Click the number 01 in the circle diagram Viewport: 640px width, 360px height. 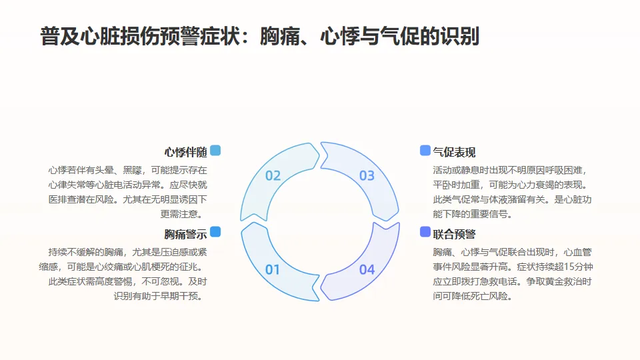pyautogui.click(x=273, y=270)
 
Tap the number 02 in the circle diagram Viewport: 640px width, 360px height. pyautogui.click(x=273, y=176)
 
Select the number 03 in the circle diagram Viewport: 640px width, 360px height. pyautogui.click(x=367, y=176)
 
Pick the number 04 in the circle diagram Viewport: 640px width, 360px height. pyautogui.click(x=367, y=270)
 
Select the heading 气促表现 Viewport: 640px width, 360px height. pyautogui.click(x=454, y=152)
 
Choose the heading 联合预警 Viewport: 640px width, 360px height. pyautogui.click(x=454, y=234)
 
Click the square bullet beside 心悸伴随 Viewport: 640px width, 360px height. pyautogui.click(x=215, y=151)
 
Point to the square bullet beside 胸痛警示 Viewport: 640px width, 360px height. pyautogui.click(x=215, y=232)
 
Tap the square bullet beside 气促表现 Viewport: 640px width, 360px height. pyautogui.click(x=425, y=151)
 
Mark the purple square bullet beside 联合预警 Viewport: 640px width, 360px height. pyautogui.click(x=425, y=232)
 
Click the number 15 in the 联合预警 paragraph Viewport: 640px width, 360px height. pyautogui.click(x=557, y=267)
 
